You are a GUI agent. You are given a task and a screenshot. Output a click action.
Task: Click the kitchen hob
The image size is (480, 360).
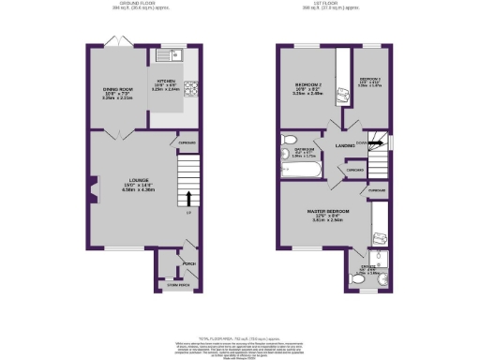192,91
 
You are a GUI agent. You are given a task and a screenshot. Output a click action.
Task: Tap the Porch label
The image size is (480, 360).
189,263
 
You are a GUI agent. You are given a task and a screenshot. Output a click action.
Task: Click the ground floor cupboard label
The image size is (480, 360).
187,142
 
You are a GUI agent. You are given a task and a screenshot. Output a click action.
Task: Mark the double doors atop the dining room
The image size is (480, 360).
117,43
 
